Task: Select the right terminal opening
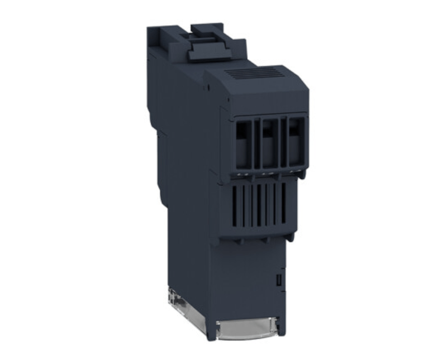(293, 143)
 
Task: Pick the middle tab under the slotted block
(265, 240)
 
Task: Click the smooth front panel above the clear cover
(249, 279)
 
